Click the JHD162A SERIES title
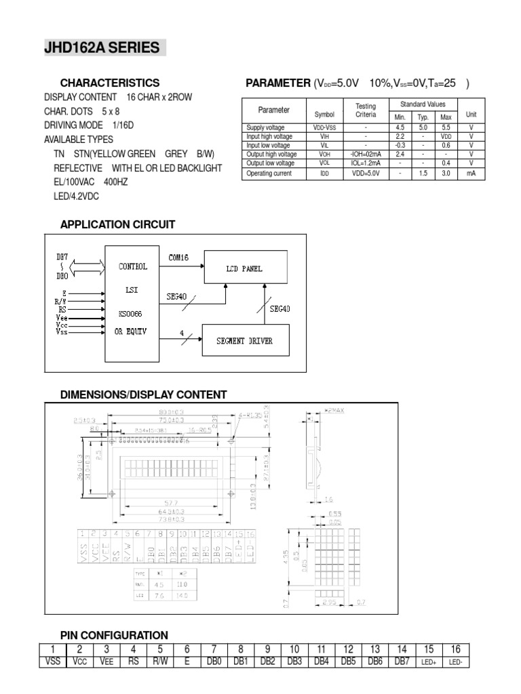[102, 48]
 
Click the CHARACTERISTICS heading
[110, 83]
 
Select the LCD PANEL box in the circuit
[244, 268]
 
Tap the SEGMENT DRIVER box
[245, 340]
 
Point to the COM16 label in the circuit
[178, 258]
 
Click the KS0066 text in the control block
[132, 314]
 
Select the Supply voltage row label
[265, 127]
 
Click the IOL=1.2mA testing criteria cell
[365, 163]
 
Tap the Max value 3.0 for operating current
[446, 173]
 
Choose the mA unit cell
[471, 173]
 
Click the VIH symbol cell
[324, 136]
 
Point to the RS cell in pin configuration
[133, 661]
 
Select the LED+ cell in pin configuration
[429, 661]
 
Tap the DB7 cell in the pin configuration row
[402, 661]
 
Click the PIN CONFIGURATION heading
[114, 635]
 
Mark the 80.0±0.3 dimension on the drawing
[172, 411]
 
